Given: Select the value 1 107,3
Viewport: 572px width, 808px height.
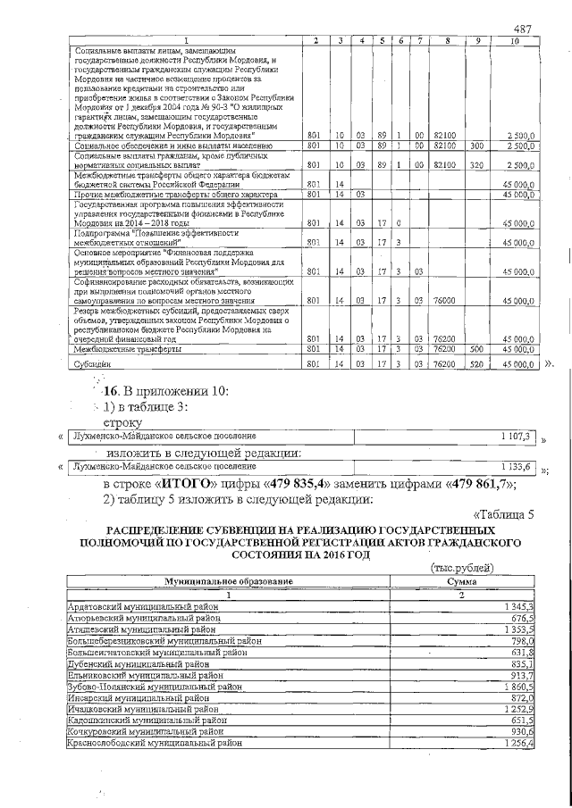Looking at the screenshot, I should (x=517, y=436).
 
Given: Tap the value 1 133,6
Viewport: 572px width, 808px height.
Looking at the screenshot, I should (x=517, y=466).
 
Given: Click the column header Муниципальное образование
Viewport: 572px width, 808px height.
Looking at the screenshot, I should (x=227, y=581).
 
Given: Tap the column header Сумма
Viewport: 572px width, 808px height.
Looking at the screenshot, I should (x=462, y=581).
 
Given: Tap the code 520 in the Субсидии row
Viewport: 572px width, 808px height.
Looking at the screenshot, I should (x=476, y=363).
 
